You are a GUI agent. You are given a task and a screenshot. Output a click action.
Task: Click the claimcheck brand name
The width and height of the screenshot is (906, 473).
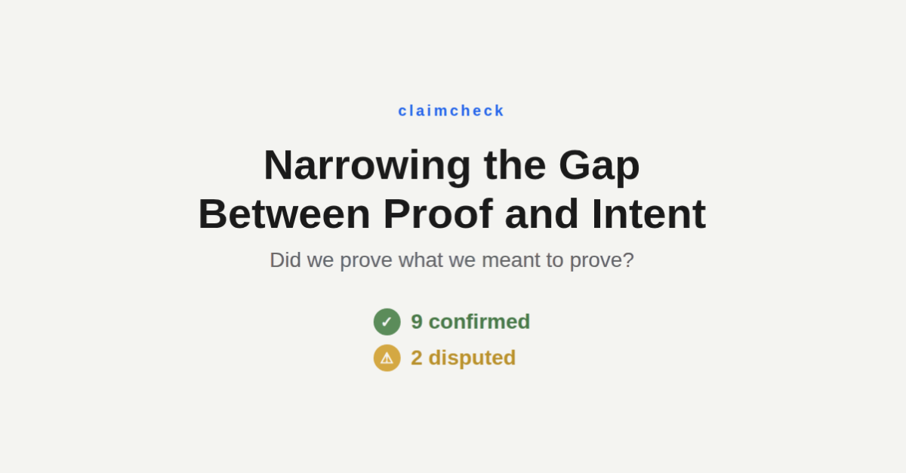coord(451,111)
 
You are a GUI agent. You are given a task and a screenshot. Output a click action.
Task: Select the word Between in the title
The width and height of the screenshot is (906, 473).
coord(284,214)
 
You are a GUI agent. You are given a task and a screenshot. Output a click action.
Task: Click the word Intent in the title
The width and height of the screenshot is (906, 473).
coord(649,214)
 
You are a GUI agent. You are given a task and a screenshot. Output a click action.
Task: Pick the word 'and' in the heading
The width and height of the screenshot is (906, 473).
coord(542,214)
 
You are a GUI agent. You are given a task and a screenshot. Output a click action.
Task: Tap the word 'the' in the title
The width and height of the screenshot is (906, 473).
coord(514,165)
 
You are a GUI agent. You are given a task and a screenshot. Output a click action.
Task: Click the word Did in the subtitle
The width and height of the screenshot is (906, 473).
coord(285,260)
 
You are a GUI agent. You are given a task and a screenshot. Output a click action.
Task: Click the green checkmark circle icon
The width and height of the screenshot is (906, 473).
coord(387,322)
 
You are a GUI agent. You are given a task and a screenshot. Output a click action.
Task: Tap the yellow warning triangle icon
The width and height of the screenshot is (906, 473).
coord(387,358)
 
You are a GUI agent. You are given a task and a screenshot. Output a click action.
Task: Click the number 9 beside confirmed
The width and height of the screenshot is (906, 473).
coord(417,322)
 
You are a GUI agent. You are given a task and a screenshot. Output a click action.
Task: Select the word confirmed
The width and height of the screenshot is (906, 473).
coord(479,322)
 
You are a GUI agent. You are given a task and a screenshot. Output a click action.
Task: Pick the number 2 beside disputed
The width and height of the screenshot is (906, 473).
coord(417,358)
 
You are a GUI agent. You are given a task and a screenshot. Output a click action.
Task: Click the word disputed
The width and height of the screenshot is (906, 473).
coord(472,358)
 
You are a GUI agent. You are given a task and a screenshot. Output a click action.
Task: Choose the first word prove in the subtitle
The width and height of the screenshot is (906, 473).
coord(366,260)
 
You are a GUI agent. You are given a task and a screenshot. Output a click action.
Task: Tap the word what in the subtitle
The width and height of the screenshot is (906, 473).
coord(421,260)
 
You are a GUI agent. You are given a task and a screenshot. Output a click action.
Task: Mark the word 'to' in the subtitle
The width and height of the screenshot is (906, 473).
coord(555,260)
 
